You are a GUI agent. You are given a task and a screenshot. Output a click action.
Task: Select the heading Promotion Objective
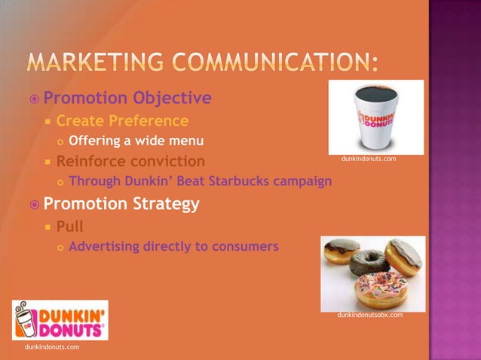coord(127,99)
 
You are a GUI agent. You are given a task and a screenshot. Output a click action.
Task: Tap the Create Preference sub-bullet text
coord(122,121)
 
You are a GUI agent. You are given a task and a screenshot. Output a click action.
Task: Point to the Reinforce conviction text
coord(130,160)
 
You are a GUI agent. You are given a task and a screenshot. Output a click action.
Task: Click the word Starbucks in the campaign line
coord(233,181)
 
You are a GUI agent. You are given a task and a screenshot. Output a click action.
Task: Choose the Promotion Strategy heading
coord(121,203)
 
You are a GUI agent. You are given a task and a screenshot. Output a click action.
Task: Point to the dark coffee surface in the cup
coord(372,95)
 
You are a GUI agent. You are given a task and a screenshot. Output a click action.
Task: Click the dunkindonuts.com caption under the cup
coord(369,159)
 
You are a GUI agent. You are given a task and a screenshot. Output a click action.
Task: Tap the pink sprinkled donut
coord(380,290)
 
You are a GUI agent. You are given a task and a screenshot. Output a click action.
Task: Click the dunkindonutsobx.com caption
coord(370,315)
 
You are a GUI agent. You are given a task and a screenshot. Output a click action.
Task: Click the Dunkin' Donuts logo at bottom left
coord(60,320)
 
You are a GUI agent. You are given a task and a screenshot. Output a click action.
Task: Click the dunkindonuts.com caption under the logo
coord(51,346)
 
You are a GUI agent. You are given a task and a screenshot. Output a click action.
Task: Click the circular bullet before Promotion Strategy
coord(33,204)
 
